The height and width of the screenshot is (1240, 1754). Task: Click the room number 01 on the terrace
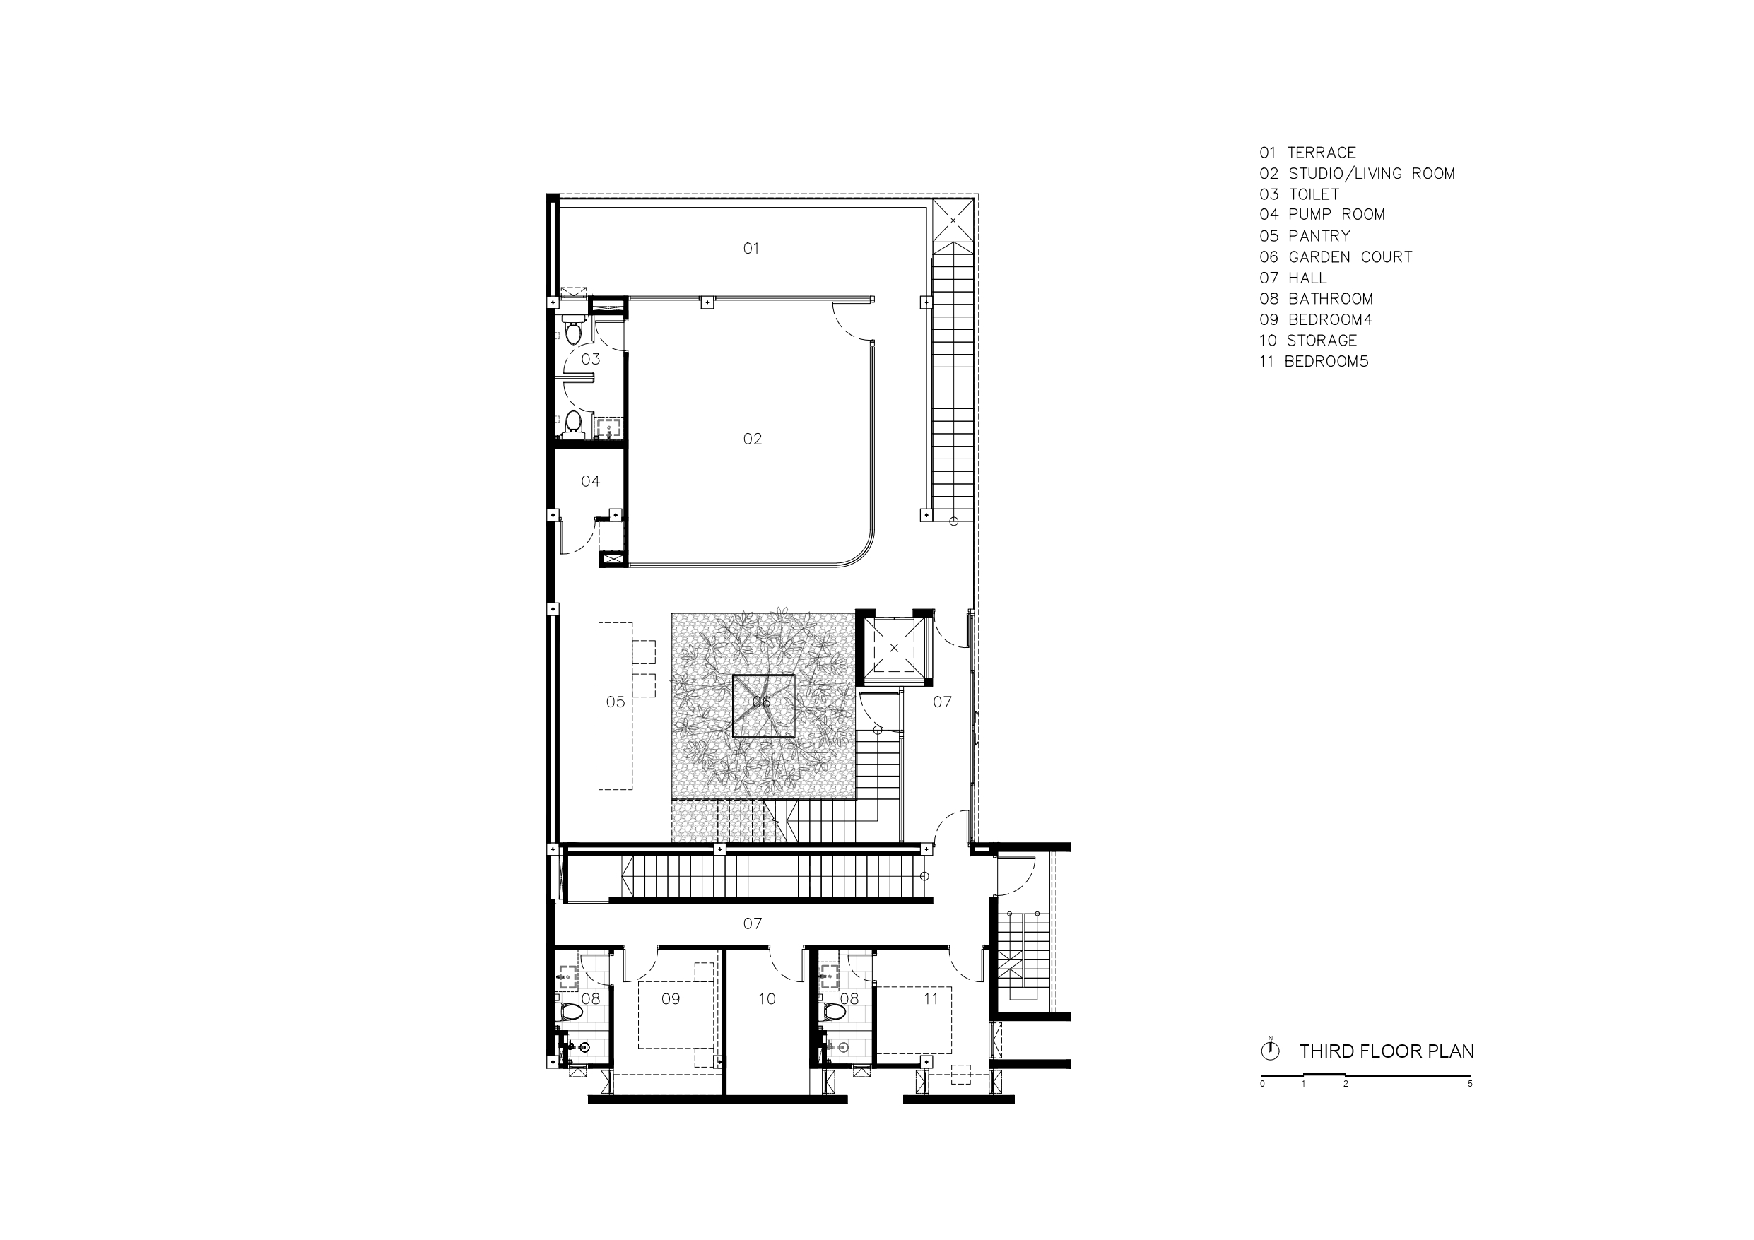[x=751, y=248]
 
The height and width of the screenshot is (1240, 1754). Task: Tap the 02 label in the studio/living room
[x=753, y=439]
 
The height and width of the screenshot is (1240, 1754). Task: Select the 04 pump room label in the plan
[x=591, y=481]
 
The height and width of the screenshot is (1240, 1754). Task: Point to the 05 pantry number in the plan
[x=616, y=702]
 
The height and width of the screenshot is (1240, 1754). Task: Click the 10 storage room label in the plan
[x=767, y=998]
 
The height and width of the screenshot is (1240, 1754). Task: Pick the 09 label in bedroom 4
[x=671, y=998]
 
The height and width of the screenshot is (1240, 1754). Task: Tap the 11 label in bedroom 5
[x=931, y=998]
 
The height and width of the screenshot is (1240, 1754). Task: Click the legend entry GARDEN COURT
[x=1350, y=257]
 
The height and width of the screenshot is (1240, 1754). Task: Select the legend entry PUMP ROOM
[x=1336, y=215]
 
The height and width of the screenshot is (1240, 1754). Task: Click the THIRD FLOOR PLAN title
[x=1387, y=1051]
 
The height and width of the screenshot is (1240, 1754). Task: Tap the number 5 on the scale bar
[x=1470, y=1083]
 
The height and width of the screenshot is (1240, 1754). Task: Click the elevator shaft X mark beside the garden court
[x=895, y=648]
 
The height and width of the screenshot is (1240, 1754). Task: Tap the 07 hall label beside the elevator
[x=942, y=702]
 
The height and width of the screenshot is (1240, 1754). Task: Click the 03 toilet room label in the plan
[x=591, y=359]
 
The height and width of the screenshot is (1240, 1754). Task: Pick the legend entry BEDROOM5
[x=1326, y=361]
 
